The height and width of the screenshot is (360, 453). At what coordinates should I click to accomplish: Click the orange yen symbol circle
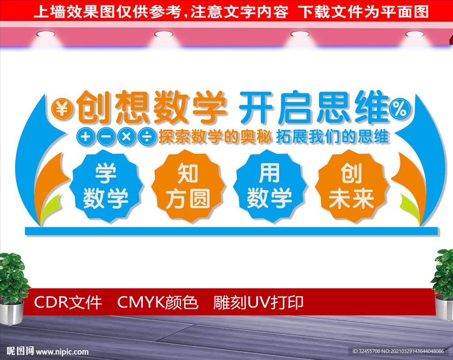[x=62, y=109]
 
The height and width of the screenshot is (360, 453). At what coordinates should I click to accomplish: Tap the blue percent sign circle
[x=400, y=109]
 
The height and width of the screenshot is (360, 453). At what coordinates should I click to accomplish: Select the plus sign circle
[x=85, y=136]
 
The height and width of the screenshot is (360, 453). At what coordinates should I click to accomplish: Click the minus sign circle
[x=106, y=136]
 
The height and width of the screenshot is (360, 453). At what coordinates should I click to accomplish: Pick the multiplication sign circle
[x=127, y=136]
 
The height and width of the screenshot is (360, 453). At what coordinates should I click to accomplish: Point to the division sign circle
[x=147, y=136]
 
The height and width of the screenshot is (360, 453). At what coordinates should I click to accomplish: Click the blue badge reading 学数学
[x=106, y=186]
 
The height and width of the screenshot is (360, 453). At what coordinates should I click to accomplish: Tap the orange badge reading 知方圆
[x=188, y=186]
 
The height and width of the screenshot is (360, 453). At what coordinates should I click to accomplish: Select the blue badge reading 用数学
[x=269, y=186]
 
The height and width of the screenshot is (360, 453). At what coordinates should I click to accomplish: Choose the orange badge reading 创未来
[x=352, y=186]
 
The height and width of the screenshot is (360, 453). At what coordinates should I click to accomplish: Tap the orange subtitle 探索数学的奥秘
[x=215, y=137]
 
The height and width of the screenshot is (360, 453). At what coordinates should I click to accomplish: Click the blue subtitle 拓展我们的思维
[x=333, y=137]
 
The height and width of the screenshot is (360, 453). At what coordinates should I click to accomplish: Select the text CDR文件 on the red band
[x=68, y=303]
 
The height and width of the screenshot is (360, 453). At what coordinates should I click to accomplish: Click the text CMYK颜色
[x=158, y=303]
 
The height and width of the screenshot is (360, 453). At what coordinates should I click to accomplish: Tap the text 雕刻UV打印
[x=258, y=303]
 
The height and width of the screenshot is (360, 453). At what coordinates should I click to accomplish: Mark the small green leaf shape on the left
[x=50, y=208]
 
